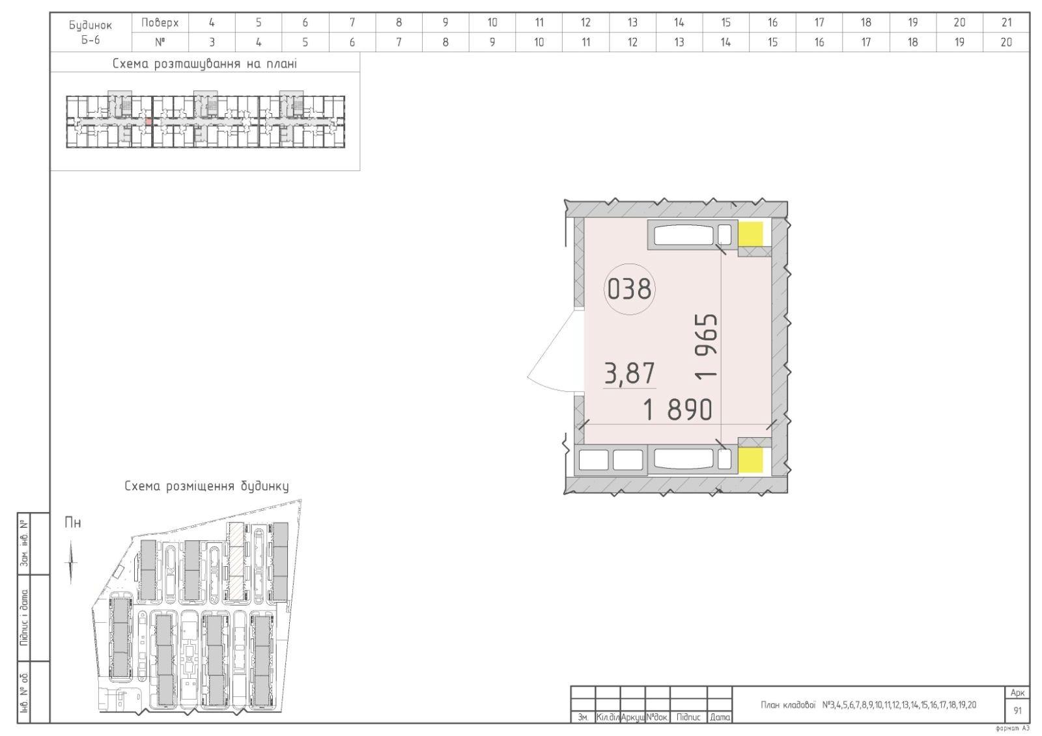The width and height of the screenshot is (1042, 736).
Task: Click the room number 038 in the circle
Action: (x=629, y=289)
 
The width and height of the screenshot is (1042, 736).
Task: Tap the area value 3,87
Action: (x=629, y=374)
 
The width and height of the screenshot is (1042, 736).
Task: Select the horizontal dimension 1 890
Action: (x=677, y=409)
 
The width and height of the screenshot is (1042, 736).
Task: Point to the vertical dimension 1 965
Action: (x=706, y=347)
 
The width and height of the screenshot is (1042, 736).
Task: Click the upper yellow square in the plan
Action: (x=752, y=234)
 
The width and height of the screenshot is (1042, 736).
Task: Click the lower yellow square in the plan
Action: (x=752, y=460)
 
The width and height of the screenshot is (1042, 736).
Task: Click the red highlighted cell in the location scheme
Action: (x=149, y=121)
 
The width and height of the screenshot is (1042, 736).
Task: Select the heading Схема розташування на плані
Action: (x=204, y=64)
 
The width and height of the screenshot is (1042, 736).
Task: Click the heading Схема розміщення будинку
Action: (x=206, y=486)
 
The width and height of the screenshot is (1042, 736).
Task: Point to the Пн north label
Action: (x=72, y=523)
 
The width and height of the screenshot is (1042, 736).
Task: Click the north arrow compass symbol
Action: (x=71, y=562)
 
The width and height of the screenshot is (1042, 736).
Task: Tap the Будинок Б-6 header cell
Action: (x=91, y=32)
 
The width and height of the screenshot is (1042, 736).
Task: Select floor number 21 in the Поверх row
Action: (x=1007, y=22)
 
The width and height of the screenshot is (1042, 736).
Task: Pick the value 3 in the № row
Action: (x=212, y=42)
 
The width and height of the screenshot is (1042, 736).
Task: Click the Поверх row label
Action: (x=160, y=22)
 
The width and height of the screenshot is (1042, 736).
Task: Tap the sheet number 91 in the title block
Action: (x=1017, y=711)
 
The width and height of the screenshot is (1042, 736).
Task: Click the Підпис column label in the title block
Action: (x=688, y=717)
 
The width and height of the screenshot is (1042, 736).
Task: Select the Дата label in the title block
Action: (x=720, y=717)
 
